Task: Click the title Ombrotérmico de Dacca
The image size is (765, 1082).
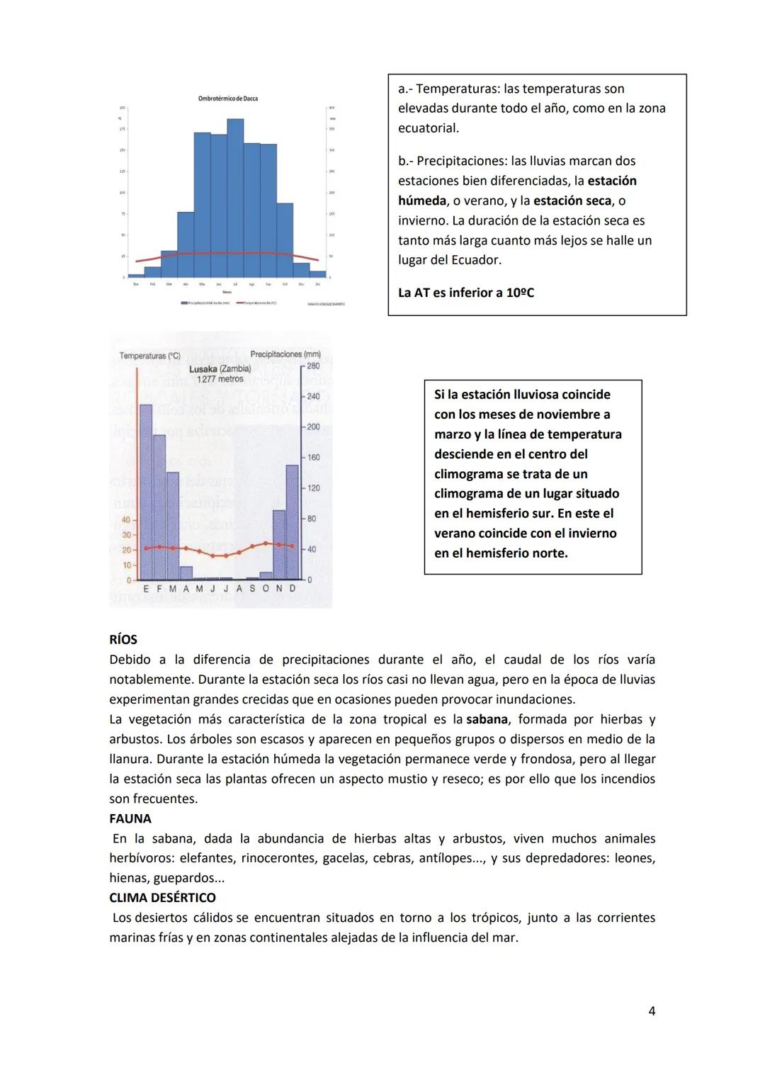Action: [x=227, y=98]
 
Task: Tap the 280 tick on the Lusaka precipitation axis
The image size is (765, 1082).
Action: [x=313, y=366]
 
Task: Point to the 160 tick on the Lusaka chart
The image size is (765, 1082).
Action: [x=313, y=458]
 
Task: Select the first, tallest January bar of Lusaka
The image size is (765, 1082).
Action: [x=146, y=492]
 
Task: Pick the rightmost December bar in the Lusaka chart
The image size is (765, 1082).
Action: [x=292, y=522]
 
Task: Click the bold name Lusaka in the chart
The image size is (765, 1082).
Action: [x=203, y=369]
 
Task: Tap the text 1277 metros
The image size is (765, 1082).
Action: [x=220, y=379]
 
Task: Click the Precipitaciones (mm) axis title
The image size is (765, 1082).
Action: [x=285, y=354]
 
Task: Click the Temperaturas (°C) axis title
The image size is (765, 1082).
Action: [x=149, y=356]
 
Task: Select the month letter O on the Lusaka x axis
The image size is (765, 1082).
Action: [x=266, y=589]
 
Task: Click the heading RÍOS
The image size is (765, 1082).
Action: [x=123, y=640]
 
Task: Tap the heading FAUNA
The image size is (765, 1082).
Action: [x=130, y=818]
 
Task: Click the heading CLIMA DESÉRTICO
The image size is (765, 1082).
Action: [x=162, y=898]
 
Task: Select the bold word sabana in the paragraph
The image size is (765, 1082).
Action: [x=487, y=719]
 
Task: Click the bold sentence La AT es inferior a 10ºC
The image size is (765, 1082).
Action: [x=466, y=293]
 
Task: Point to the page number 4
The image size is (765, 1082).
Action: [x=652, y=1011]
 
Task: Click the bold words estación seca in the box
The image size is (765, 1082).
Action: [x=572, y=201]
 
